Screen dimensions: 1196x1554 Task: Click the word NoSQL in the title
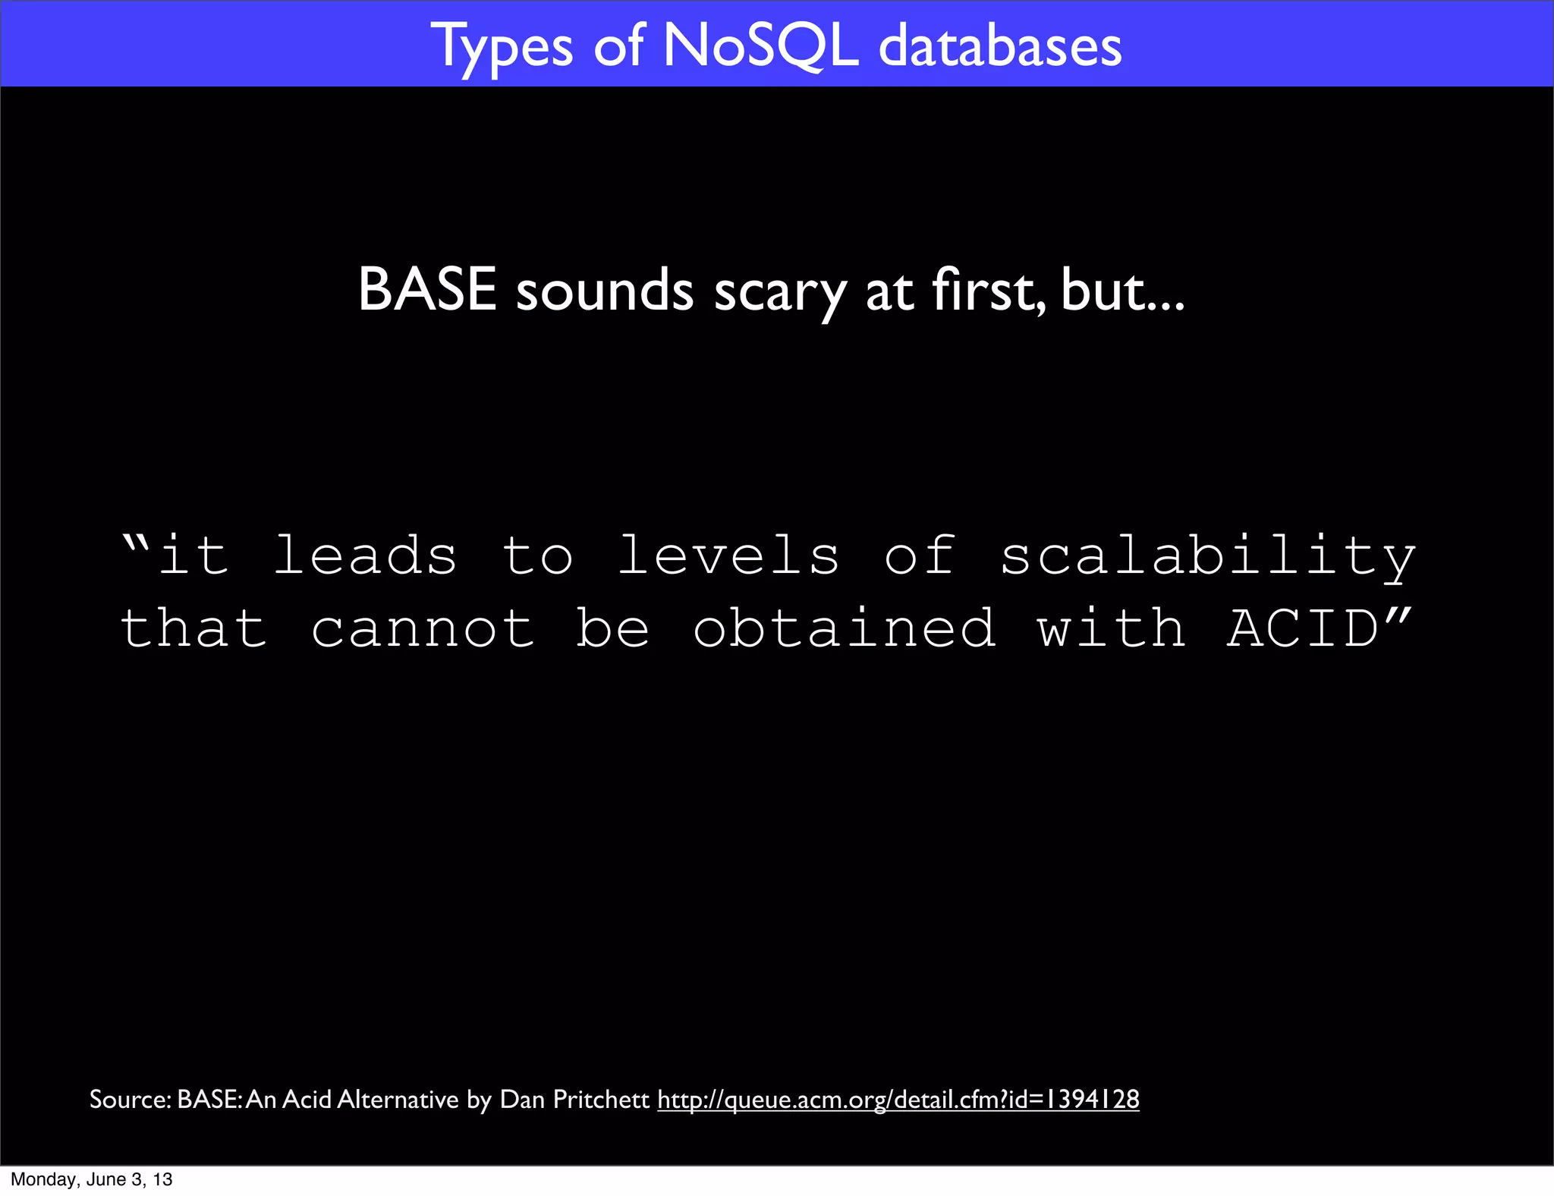pyautogui.click(x=761, y=47)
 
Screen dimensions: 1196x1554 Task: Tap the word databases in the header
pyautogui.click(x=999, y=47)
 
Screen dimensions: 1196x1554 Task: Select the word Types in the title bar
pyautogui.click(x=502, y=47)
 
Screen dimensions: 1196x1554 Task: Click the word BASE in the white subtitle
pyautogui.click(x=427, y=291)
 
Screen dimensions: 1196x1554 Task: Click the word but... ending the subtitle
pyautogui.click(x=1122, y=291)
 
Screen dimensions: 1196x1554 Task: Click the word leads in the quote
pyautogui.click(x=365, y=556)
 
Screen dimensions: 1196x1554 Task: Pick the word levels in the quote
pyautogui.click(x=728, y=556)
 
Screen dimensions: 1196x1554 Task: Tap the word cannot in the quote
pyautogui.click(x=423, y=629)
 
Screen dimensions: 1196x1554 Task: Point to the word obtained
pyautogui.click(x=844, y=629)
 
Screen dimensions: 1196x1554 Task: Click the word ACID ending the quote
pyautogui.click(x=1303, y=629)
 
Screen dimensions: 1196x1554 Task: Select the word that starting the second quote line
pyautogui.click(x=193, y=629)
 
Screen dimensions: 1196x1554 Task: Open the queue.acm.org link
pyautogui.click(x=898, y=1099)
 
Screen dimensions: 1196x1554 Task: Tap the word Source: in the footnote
pyautogui.click(x=131, y=1099)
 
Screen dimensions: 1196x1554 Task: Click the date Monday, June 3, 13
pyautogui.click(x=92, y=1179)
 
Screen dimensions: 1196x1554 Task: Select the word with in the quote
pyautogui.click(x=1111, y=629)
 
